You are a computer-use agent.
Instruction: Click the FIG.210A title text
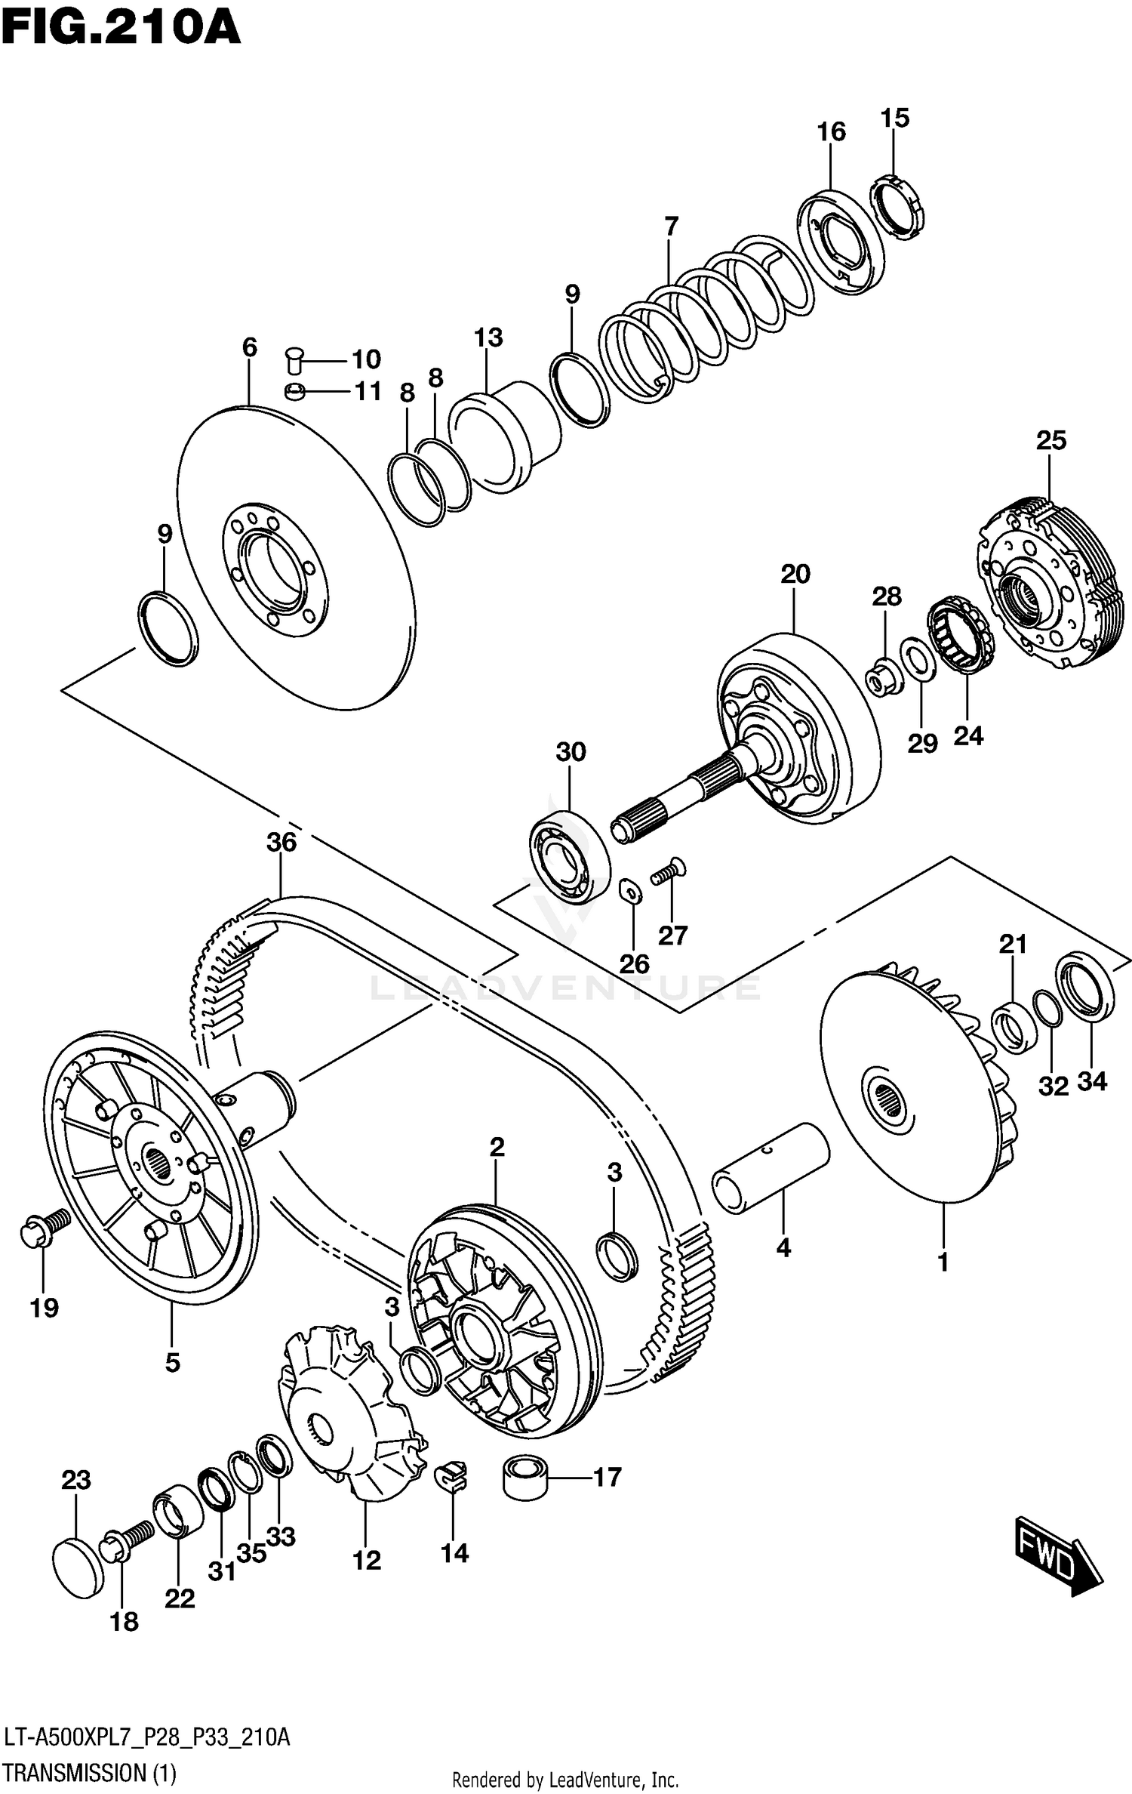121,30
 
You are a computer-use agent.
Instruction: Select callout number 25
1050,440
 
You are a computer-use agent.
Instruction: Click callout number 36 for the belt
281,842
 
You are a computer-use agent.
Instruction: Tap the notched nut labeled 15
899,206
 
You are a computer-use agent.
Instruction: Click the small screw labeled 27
667,872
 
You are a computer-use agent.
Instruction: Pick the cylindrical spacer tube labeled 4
771,1169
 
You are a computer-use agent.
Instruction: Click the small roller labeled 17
523,1478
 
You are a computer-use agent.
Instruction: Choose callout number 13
488,338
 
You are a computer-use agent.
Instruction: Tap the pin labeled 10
294,360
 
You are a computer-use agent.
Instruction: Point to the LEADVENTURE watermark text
566,988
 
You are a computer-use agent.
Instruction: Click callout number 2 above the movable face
496,1148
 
